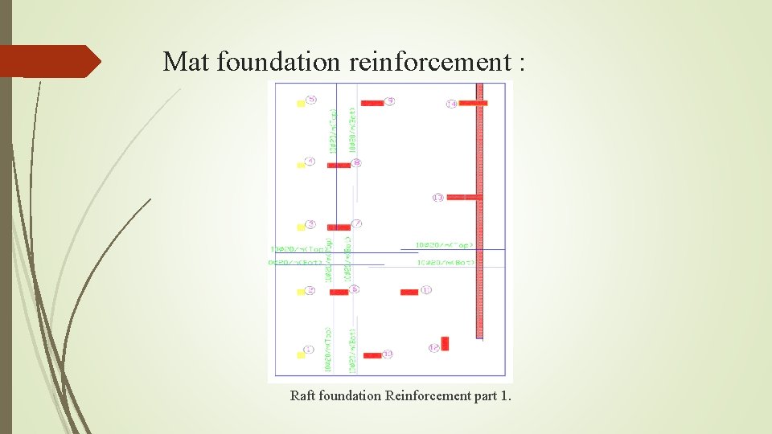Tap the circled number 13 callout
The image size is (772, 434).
coord(438,197)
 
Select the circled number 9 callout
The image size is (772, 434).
coord(390,101)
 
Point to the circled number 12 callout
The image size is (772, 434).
coord(433,347)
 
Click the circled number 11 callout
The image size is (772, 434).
coord(426,289)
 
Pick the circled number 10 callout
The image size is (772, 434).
coord(388,354)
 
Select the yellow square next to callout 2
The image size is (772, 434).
coord(301,291)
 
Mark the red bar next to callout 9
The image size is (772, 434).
coord(372,103)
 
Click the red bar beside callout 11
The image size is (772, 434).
coord(409,292)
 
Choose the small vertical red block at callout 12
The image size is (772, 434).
coord(445,344)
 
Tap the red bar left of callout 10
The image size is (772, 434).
coord(372,355)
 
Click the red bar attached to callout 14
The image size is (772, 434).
coord(474,104)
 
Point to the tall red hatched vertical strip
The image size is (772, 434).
coord(480,221)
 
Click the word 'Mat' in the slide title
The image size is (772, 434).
coord(187,62)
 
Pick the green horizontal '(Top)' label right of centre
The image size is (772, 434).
coord(445,244)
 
